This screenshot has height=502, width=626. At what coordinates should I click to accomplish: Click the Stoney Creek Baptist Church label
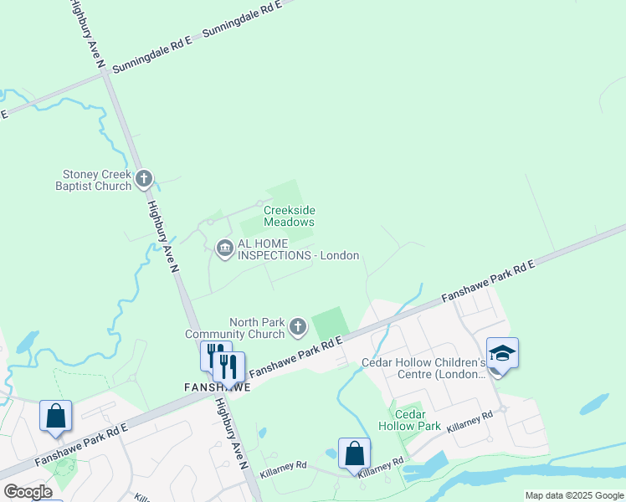tap(97, 180)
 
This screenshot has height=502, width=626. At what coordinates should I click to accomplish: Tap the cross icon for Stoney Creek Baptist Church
tap(144, 177)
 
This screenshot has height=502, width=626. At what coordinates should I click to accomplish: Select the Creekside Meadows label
tap(290, 217)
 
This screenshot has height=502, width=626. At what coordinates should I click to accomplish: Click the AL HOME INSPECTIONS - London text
tap(299, 249)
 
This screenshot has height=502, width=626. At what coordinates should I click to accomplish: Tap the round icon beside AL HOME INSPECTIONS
tap(224, 248)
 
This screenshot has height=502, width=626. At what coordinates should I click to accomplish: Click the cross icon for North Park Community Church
tap(299, 328)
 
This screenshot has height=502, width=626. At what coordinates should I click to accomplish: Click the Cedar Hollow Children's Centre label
tap(423, 369)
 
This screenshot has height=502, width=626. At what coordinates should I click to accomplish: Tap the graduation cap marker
tap(502, 353)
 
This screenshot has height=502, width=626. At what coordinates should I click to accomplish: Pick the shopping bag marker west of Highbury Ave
tap(55, 416)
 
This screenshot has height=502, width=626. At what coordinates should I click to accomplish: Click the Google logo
tap(28, 492)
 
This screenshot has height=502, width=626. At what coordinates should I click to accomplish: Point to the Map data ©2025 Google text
tap(574, 495)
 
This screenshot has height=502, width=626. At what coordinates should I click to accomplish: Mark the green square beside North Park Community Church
tap(330, 323)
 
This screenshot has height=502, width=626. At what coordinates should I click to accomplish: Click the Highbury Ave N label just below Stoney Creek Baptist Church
tap(163, 238)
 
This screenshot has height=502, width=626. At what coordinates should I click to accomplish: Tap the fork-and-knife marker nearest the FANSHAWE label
tap(228, 366)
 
